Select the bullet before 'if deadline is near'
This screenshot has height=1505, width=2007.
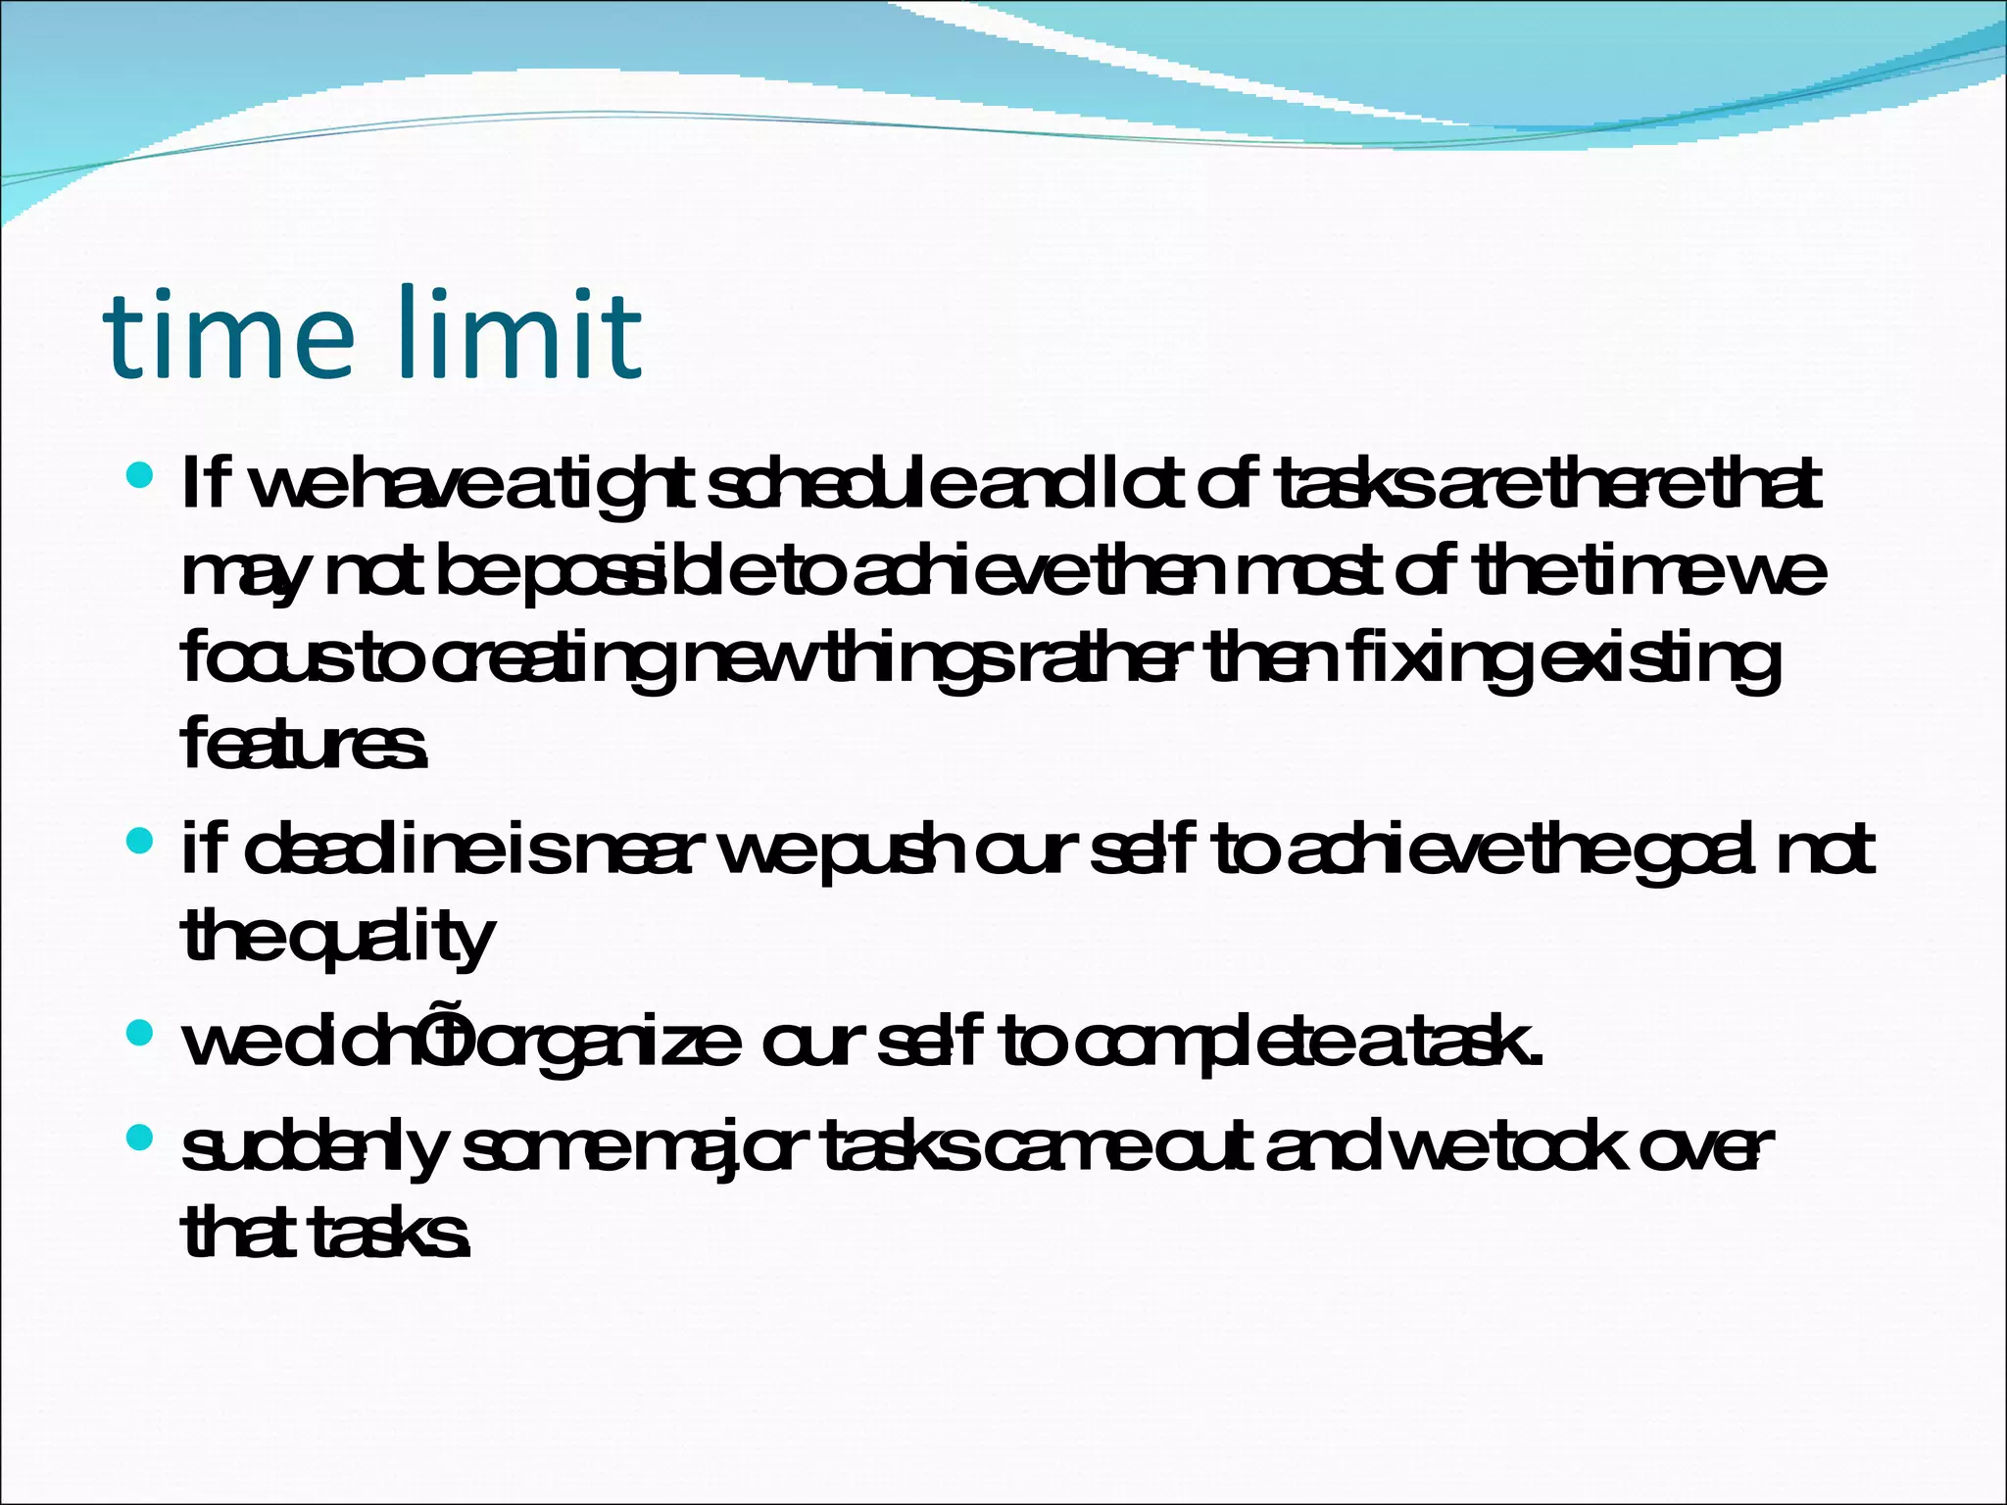point(140,842)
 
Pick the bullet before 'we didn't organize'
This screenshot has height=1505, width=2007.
point(140,1033)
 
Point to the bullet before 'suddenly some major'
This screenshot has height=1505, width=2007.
point(140,1138)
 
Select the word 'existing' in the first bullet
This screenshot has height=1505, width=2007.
point(1659,661)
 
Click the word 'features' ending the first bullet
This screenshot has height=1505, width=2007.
point(304,745)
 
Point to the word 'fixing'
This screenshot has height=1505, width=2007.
point(1436,661)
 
